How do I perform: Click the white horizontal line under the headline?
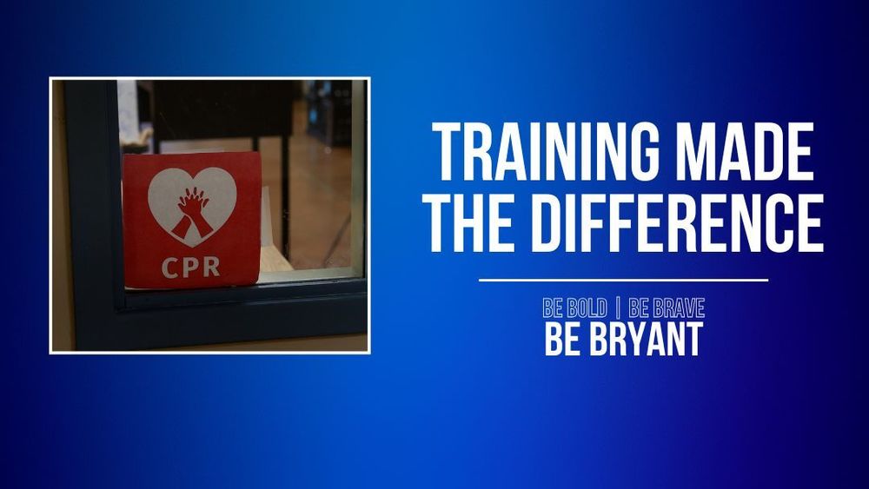[x=623, y=281]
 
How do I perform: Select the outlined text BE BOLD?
[x=574, y=307]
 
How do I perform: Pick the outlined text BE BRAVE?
[x=667, y=307]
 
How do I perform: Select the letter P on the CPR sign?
[x=191, y=266]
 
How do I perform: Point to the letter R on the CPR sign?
[x=211, y=266]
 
